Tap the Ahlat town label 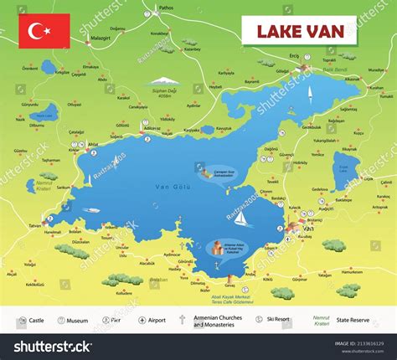click(94, 143)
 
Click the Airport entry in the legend click(154, 320)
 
